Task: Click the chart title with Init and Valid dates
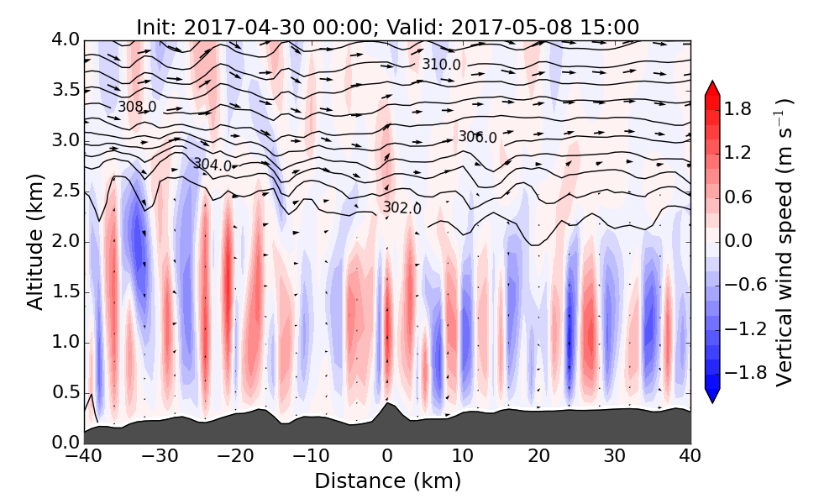(x=387, y=27)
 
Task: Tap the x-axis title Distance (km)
(x=387, y=481)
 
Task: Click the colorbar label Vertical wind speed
(x=785, y=242)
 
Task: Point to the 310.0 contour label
(x=441, y=65)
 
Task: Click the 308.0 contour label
(x=137, y=108)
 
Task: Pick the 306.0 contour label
(x=477, y=138)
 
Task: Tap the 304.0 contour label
(x=213, y=165)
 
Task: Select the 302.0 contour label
(x=402, y=207)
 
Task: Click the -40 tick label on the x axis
(x=84, y=458)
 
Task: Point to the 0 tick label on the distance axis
(x=387, y=458)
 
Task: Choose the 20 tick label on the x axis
(x=539, y=458)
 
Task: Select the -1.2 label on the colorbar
(x=747, y=328)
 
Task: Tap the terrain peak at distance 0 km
(x=386, y=403)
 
